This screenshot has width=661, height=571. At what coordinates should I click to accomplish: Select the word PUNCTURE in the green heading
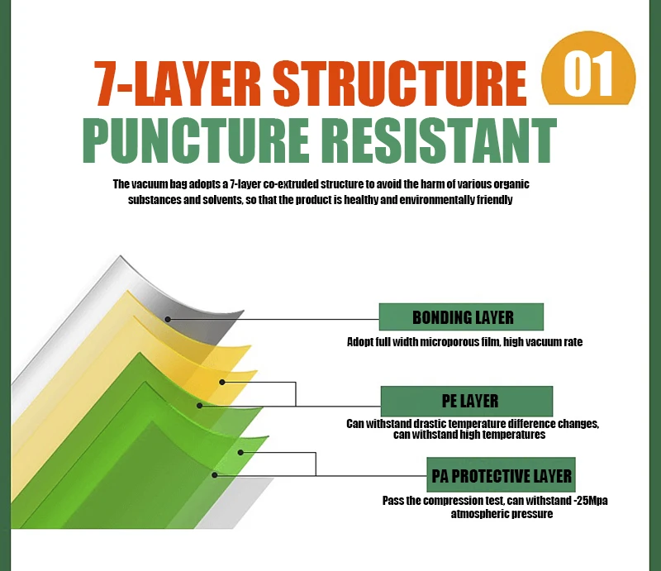tap(195, 141)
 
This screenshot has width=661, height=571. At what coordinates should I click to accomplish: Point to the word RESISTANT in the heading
tap(438, 141)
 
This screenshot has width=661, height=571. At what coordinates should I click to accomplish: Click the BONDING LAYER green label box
tap(461, 317)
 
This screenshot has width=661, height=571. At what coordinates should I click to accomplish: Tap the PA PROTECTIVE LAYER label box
tap(501, 476)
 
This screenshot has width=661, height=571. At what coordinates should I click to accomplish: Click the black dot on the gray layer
tap(167, 318)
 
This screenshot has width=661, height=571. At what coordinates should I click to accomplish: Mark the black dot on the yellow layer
tap(222, 382)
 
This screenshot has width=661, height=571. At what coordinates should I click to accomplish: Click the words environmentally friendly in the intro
tap(466, 201)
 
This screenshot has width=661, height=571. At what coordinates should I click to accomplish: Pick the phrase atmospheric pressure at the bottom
tap(501, 514)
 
